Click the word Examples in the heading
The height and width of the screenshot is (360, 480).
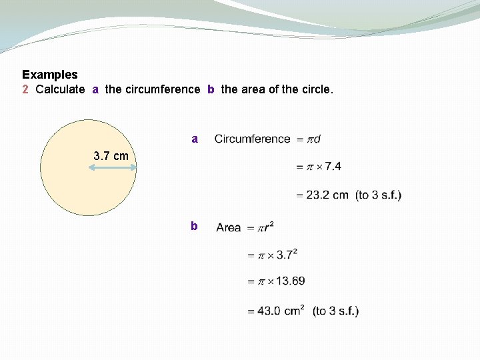pyautogui.click(x=50, y=75)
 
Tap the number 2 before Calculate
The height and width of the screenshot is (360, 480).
pyautogui.click(x=25, y=89)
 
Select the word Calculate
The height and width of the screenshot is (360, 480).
pyautogui.click(x=60, y=89)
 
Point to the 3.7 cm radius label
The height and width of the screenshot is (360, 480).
pyautogui.click(x=111, y=156)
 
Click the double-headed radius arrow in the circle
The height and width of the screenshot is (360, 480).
pyautogui.click(x=113, y=168)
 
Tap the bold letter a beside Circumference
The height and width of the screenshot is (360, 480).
pyautogui.click(x=195, y=139)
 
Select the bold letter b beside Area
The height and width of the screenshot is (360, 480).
pyautogui.click(x=194, y=227)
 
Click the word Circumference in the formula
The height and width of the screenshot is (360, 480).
pyautogui.click(x=252, y=139)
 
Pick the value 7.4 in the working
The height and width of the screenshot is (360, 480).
pyautogui.click(x=333, y=167)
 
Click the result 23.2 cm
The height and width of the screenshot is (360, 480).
pyautogui.click(x=327, y=195)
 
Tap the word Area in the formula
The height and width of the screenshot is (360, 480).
pyautogui.click(x=229, y=228)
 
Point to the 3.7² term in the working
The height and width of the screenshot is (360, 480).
pyautogui.click(x=287, y=254)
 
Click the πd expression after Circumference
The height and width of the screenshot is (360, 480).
pyautogui.click(x=313, y=139)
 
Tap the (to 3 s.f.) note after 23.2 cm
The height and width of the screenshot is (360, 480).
pyautogui.click(x=379, y=195)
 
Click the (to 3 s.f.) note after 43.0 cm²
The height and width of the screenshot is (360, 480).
pyautogui.click(x=335, y=311)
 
